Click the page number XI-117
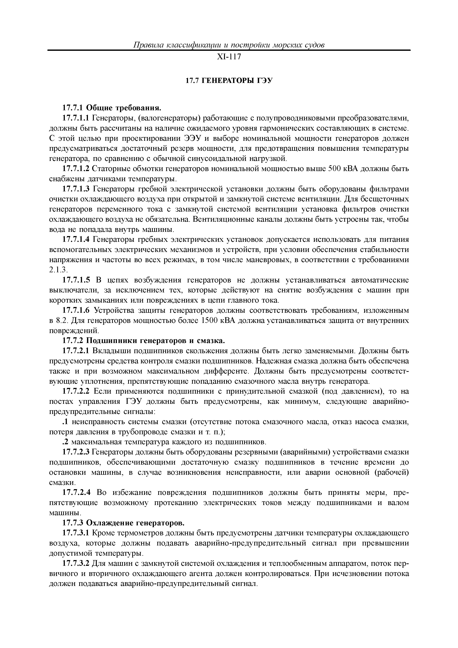[x=229, y=57]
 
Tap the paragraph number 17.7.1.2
[x=76, y=169]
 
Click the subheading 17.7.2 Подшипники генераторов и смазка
[x=143, y=341]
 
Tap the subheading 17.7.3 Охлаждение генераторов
[x=123, y=523]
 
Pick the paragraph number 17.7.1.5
[x=76, y=280]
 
